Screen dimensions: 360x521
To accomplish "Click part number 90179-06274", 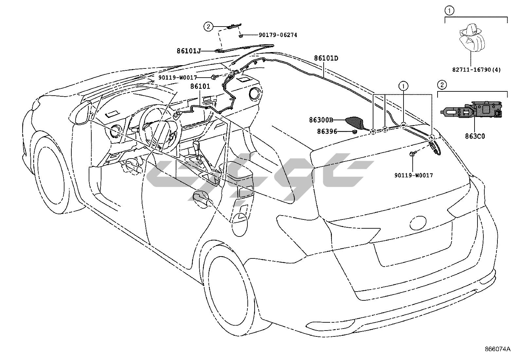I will point(278,35).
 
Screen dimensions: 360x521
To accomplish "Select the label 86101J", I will point(189,51).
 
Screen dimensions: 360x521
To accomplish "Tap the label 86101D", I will point(326,58).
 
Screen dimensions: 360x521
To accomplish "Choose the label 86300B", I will point(321,120).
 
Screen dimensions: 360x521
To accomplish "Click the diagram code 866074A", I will point(498,349).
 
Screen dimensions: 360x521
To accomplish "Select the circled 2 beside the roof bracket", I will point(208,27).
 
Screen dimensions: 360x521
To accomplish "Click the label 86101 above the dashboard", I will point(200,86).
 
